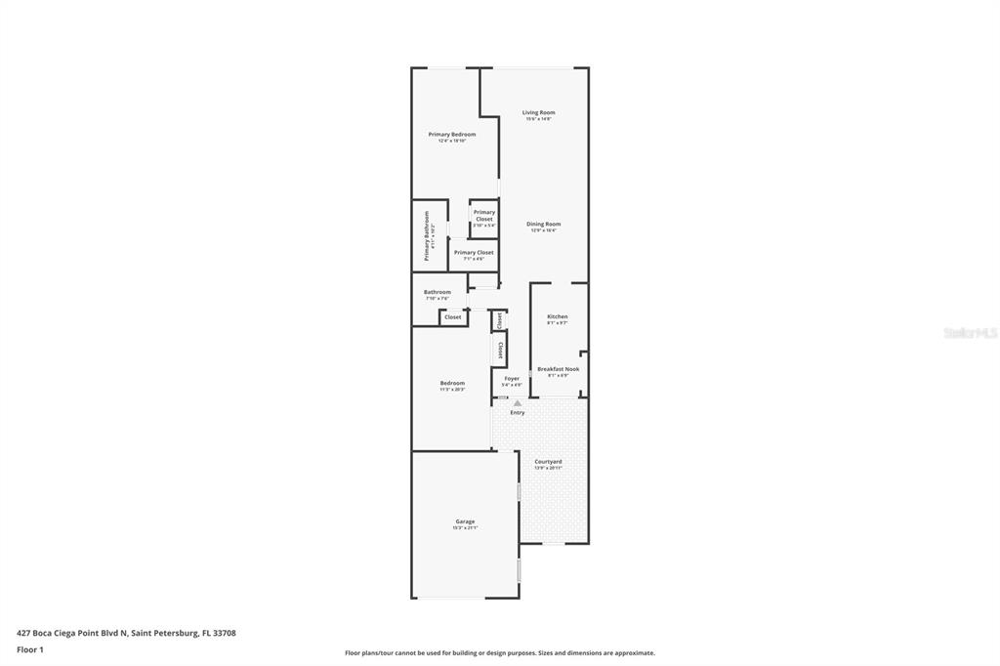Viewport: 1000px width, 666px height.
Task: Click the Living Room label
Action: (x=538, y=112)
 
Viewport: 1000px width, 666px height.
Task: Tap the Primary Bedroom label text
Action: (x=452, y=134)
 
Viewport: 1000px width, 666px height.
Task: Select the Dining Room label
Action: (x=543, y=224)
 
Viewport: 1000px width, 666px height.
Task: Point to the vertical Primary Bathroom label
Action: (x=427, y=235)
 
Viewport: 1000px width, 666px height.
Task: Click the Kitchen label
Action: (x=557, y=316)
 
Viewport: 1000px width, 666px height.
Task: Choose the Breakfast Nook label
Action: (x=558, y=369)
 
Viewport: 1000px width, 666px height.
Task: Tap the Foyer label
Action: (x=512, y=378)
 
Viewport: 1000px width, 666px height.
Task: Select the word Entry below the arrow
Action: (x=518, y=412)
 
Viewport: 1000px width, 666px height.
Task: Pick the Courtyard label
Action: (x=548, y=461)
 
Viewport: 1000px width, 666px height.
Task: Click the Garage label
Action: (x=465, y=521)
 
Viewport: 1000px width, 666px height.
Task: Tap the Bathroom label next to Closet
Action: (x=437, y=292)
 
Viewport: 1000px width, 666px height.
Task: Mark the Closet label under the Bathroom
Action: (x=453, y=317)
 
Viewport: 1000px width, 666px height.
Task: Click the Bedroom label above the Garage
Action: (x=452, y=383)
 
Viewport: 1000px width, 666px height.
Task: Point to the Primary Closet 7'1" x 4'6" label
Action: (x=474, y=253)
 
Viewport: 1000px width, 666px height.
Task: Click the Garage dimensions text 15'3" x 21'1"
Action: (x=465, y=528)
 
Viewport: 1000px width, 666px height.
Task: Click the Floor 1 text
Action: (x=30, y=649)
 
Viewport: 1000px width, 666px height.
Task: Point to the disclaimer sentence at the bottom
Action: (x=500, y=653)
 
